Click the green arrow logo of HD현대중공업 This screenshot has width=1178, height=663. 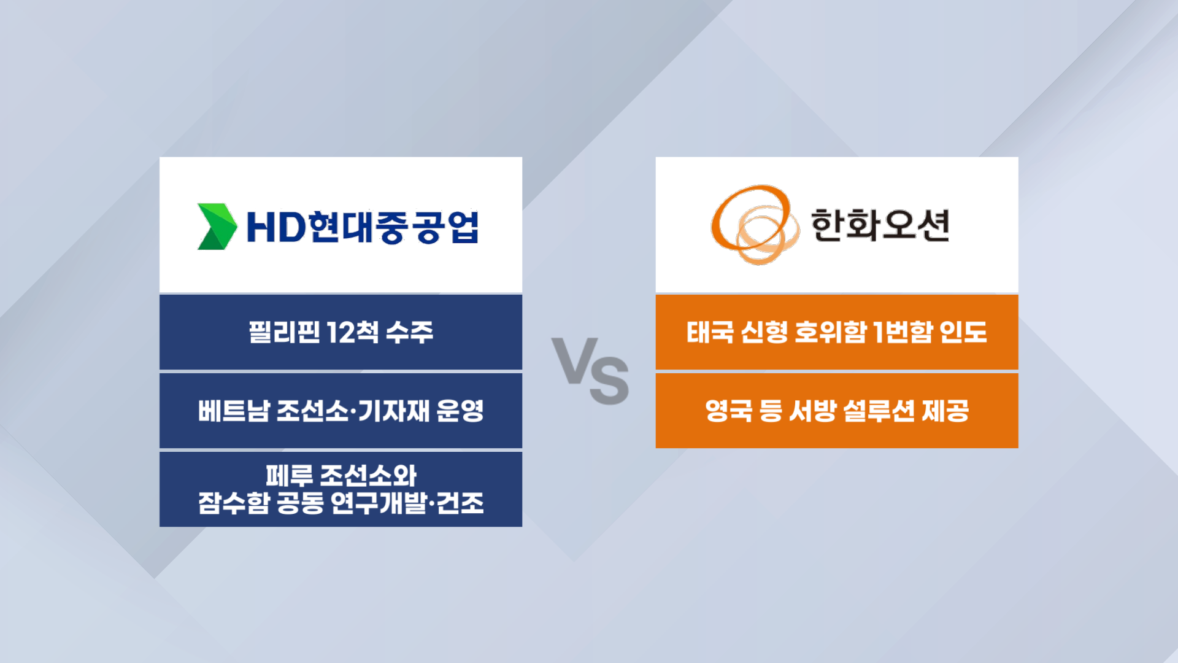pos(217,227)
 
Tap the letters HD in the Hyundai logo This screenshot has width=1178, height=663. pos(275,227)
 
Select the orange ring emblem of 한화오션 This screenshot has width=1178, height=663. pos(755,225)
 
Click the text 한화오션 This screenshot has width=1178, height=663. pos(880,225)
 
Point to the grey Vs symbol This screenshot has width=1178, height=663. pos(590,371)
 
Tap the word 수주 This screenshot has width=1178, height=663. pos(410,332)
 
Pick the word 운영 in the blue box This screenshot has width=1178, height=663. pos(460,411)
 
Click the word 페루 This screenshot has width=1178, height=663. pos(290,475)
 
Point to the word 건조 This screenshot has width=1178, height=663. pos(460,503)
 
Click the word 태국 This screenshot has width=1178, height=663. pos(710,332)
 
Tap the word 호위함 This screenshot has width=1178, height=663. pos(831,332)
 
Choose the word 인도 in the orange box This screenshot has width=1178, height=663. pos(963,332)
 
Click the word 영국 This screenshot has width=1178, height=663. pos(729,411)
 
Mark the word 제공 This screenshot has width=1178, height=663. pos(945,411)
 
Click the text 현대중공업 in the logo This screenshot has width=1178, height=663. pos(394,227)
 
